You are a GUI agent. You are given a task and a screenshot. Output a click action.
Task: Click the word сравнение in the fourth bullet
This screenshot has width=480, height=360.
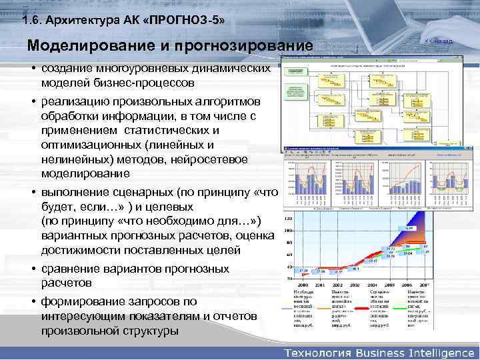(x=73, y=269)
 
